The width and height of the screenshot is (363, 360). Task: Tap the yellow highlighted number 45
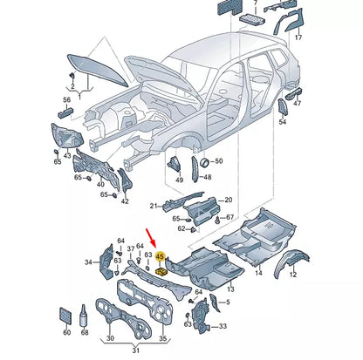click(160, 257)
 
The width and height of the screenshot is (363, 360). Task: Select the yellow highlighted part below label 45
click(161, 270)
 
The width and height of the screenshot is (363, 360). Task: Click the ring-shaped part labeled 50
click(205, 161)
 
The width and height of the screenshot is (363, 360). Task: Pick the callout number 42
click(125, 200)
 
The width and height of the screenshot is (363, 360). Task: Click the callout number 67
click(229, 217)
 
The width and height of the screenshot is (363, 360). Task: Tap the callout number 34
click(87, 262)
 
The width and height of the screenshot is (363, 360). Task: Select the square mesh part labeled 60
click(65, 316)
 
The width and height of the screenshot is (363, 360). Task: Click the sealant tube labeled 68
click(84, 317)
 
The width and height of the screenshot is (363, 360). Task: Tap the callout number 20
click(229, 200)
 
